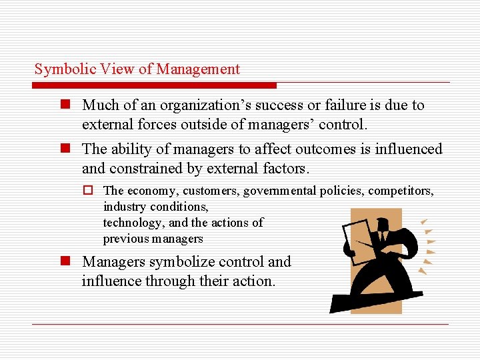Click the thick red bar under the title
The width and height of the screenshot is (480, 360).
(x=154, y=85)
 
